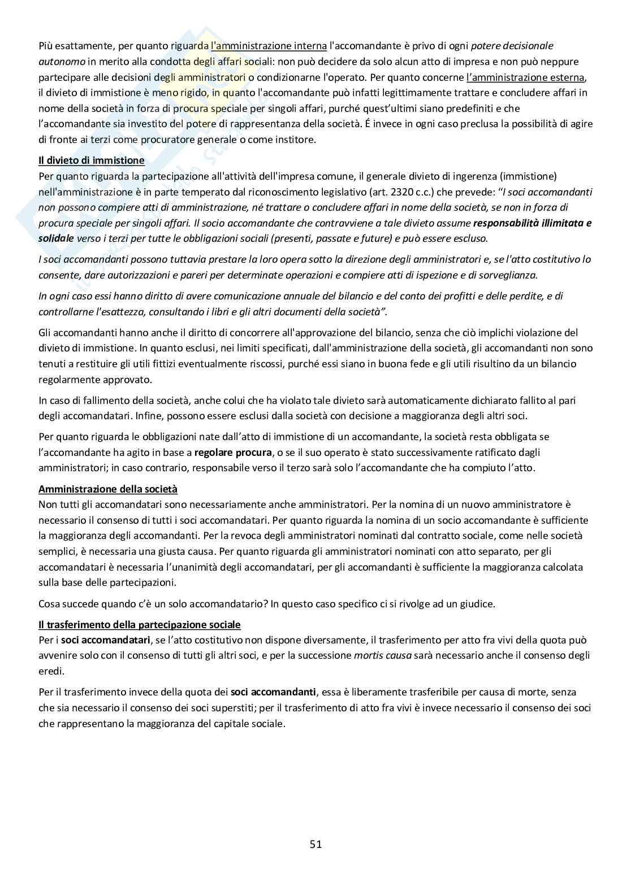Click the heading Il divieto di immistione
point(91,160)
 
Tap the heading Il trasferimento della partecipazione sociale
point(139,625)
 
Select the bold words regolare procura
point(231,452)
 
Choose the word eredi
point(51,671)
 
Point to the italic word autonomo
point(62,61)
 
